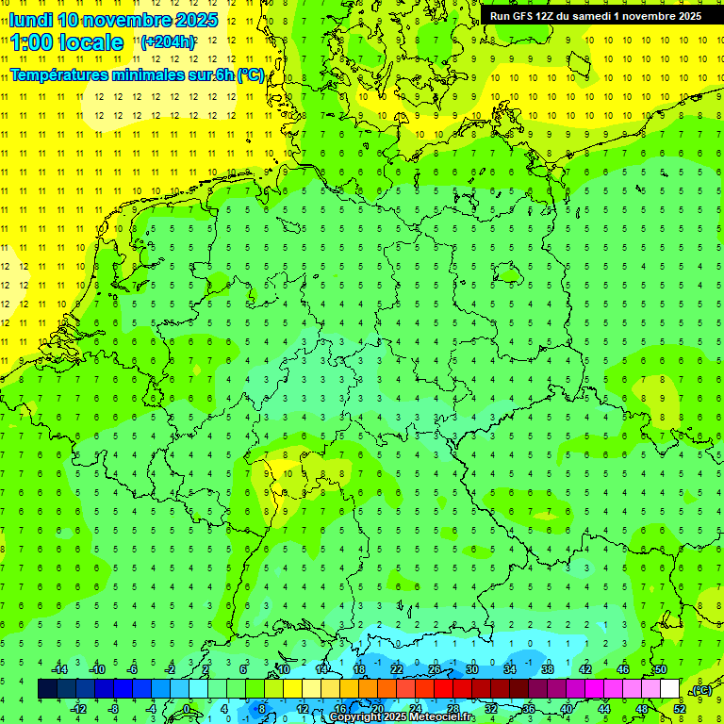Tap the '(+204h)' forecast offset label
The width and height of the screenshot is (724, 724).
click(167, 42)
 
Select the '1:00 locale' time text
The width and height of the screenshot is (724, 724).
click(67, 42)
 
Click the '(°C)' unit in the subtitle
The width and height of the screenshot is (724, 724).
click(250, 75)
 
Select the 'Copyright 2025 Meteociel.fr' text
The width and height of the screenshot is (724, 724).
click(401, 717)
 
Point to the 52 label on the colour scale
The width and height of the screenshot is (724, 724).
click(680, 709)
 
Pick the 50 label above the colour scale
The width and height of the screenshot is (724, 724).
click(661, 669)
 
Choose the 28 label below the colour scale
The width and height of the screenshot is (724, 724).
click(453, 709)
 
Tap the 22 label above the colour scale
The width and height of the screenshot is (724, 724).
click(397, 669)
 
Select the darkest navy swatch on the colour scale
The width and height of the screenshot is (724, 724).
click(48, 689)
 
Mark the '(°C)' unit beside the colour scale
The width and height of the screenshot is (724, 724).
click(700, 690)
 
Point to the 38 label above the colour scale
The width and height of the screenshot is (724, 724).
click(548, 669)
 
